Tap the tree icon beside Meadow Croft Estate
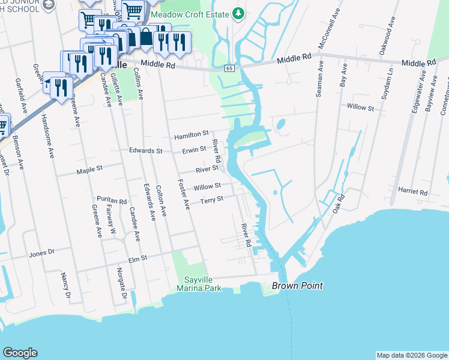coord(238,13)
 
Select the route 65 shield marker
coord(230,69)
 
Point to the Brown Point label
coord(297,286)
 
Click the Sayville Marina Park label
coord(199,284)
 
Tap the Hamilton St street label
coord(191,136)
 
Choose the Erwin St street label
coord(194,149)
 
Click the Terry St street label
coord(211,199)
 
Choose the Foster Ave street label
coord(183,194)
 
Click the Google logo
coord(20,353)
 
